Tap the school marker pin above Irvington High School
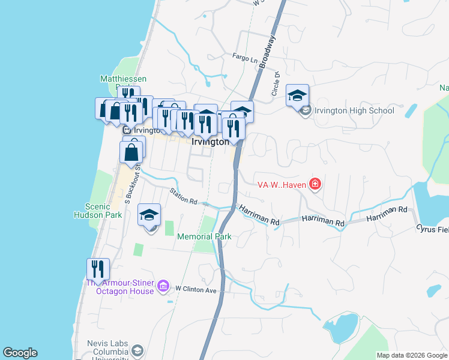coord(297,95)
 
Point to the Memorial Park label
coord(204,236)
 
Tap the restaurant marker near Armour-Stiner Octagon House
coord(98,269)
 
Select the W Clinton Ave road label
coord(195,289)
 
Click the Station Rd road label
coord(183,196)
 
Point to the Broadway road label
coord(268,53)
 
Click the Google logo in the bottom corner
coord(20,353)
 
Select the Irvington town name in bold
coord(210,142)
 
